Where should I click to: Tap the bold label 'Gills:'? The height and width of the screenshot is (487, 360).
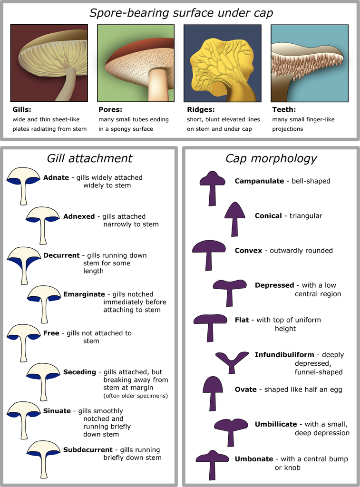pos(22,109)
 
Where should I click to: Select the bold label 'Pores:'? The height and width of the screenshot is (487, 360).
pos(110,109)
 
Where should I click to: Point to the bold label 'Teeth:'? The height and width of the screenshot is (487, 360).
pos(284,109)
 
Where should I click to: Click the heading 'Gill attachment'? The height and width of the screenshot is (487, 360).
pos(89,158)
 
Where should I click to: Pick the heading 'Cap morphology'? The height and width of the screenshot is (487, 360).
pos(271,158)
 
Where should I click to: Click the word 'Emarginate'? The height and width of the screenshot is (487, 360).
pos(84,294)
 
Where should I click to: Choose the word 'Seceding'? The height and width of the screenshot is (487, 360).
pos(79,372)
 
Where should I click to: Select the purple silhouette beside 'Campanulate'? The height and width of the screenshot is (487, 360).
pos(212,187)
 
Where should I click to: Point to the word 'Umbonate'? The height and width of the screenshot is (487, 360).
pos(254,459)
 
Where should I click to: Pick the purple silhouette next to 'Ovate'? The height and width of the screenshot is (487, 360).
pos(213,392)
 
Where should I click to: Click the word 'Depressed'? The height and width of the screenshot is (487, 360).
pos(274,285)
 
